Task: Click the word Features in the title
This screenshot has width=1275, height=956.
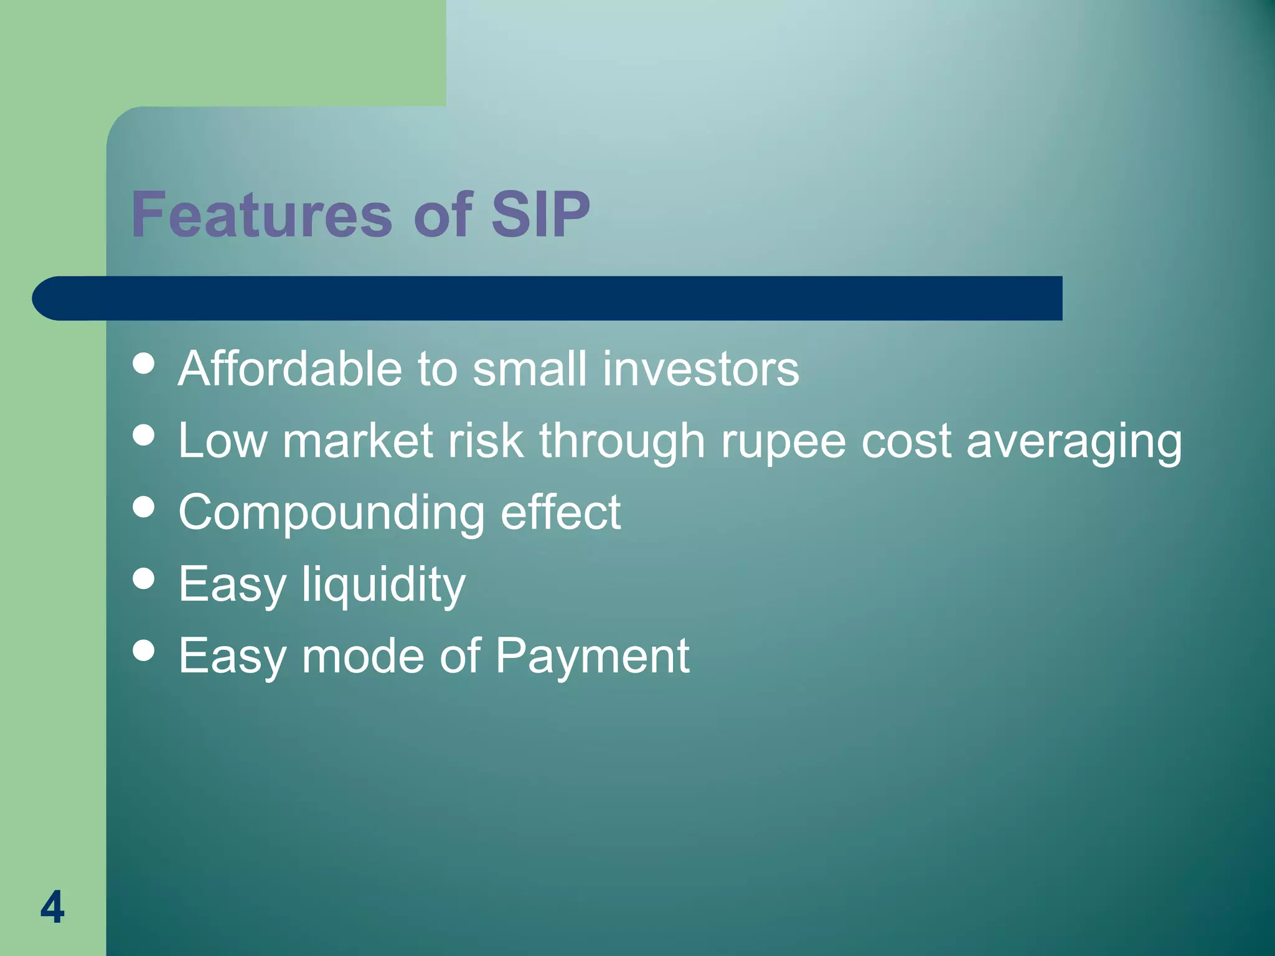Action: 261,215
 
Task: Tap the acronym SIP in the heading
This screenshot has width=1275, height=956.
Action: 540,215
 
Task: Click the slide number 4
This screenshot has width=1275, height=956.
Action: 52,907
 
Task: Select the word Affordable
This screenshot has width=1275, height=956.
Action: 290,368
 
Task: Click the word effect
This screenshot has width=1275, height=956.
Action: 560,512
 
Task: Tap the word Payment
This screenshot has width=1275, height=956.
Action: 592,657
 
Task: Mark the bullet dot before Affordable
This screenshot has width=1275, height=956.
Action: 144,363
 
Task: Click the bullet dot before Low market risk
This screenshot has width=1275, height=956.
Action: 144,435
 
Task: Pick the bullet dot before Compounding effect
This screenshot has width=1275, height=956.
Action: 144,507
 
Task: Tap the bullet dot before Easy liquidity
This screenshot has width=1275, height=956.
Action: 144,578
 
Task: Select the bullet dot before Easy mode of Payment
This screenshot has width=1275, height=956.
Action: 144,650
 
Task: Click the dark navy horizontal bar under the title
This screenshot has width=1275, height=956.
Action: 548,298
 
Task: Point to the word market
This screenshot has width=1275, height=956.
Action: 357,441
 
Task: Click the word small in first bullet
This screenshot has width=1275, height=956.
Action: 529,368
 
